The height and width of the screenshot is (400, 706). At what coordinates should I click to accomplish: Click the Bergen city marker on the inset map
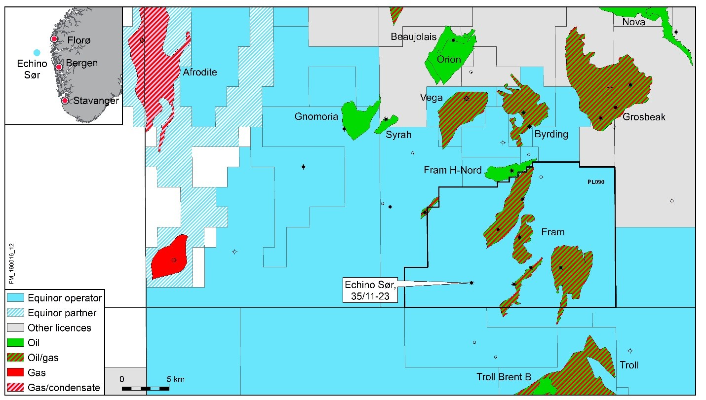click(58, 67)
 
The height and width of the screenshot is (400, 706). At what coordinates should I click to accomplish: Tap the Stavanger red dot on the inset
click(65, 101)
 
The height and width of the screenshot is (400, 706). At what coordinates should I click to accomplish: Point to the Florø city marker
click(54, 39)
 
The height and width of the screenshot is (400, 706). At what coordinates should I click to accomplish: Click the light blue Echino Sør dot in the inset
click(37, 52)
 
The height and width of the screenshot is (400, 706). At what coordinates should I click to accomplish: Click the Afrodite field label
click(200, 73)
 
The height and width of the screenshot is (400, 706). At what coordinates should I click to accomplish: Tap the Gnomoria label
click(316, 116)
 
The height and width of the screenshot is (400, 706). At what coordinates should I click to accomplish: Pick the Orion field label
click(449, 60)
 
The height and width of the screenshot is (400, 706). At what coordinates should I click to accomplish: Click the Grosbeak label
click(644, 117)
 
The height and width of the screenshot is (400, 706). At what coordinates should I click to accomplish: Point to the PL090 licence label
click(595, 182)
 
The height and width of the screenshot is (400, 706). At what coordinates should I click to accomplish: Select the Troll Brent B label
click(504, 377)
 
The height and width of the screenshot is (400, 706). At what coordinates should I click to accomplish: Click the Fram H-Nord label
click(452, 170)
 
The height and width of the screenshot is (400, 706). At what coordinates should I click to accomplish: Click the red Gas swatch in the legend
click(15, 373)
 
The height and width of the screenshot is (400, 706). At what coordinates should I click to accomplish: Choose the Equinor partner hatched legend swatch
click(15, 313)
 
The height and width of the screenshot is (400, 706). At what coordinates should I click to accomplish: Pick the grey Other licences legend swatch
click(15, 327)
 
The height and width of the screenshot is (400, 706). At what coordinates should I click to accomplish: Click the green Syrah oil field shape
click(386, 124)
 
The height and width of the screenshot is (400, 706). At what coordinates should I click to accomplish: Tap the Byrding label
click(551, 134)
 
